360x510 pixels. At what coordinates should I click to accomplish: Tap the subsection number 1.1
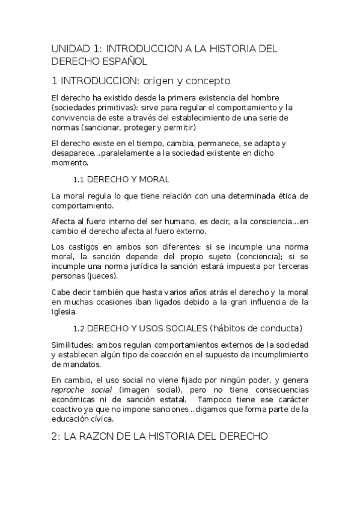click(x=79, y=179)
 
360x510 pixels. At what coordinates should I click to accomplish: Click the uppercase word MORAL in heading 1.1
click(x=154, y=179)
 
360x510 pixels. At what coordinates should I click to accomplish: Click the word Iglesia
click(x=64, y=312)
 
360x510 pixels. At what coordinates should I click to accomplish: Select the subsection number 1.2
click(x=80, y=328)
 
